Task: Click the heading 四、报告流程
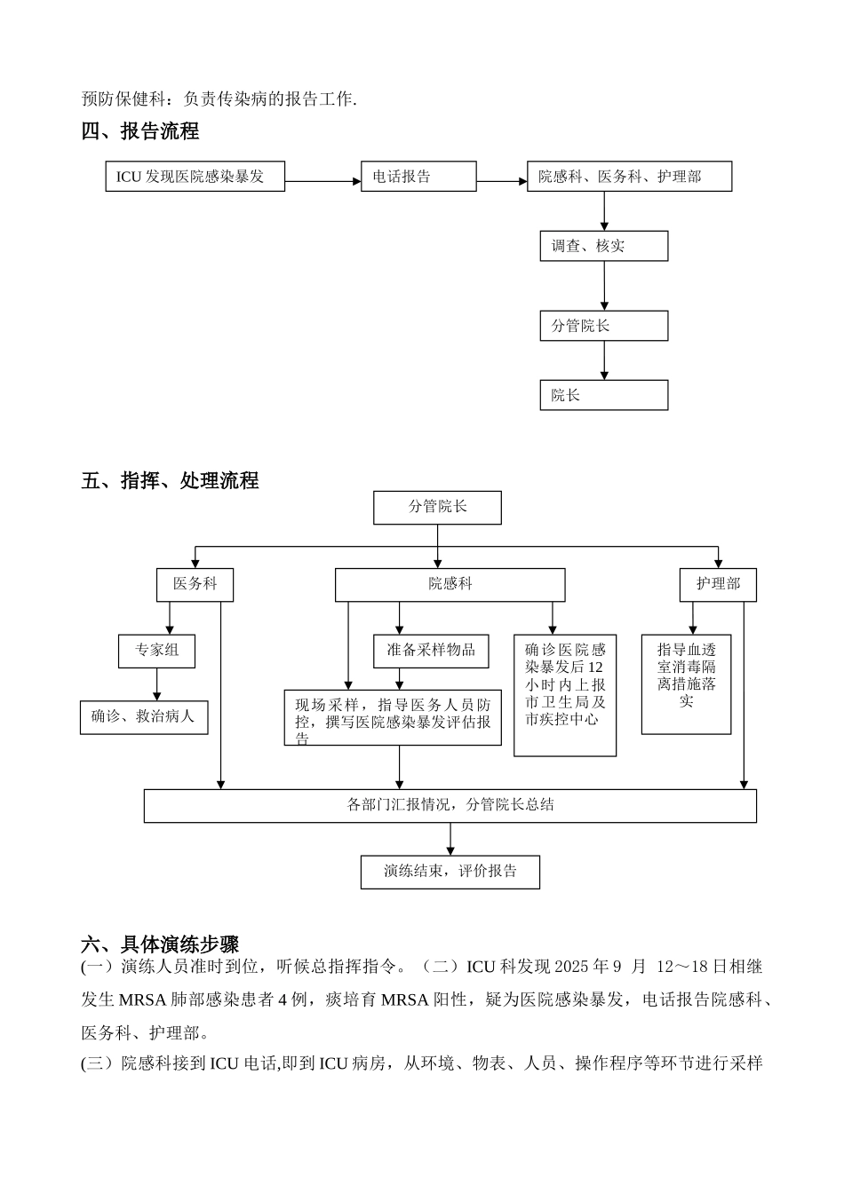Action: click(140, 131)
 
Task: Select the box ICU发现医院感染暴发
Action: click(195, 177)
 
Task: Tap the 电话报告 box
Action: click(418, 177)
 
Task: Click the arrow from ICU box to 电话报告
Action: click(322, 181)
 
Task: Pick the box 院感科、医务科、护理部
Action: click(629, 177)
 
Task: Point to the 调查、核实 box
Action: click(603, 246)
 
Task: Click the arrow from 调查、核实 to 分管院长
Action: click(604, 286)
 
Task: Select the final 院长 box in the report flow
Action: click(603, 395)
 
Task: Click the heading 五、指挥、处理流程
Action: click(170, 481)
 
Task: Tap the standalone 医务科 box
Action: click(195, 584)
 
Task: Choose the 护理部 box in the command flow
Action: click(718, 584)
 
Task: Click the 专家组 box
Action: click(156, 651)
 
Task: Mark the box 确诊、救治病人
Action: click(144, 716)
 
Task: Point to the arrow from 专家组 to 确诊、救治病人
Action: click(157, 683)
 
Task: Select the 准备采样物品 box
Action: click(431, 651)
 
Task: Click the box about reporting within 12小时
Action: click(565, 694)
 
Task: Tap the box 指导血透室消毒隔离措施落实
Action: click(686, 683)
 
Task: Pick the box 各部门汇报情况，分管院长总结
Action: click(450, 805)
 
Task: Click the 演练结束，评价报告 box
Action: click(450, 871)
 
